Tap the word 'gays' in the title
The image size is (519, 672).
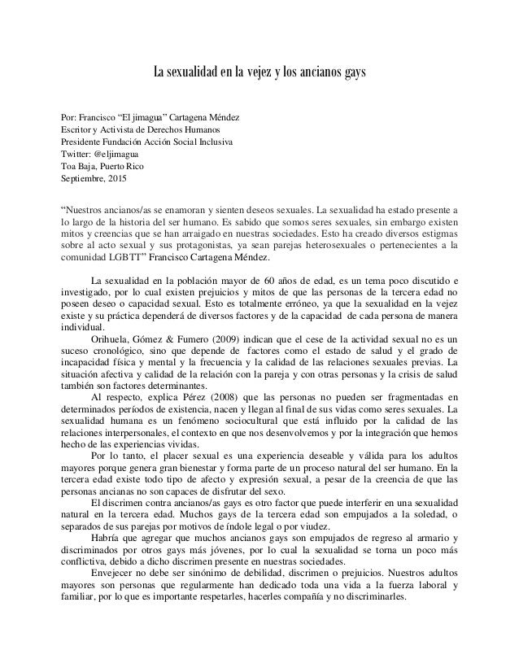(353, 75)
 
